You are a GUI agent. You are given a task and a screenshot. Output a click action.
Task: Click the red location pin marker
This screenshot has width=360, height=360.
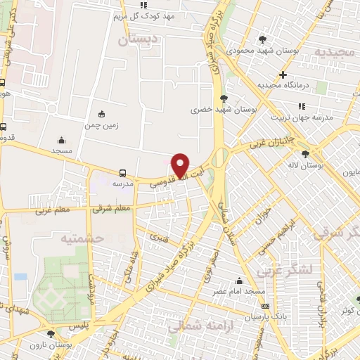[x=181, y=164]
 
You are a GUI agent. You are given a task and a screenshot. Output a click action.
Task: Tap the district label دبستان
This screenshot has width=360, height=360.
[x=134, y=40]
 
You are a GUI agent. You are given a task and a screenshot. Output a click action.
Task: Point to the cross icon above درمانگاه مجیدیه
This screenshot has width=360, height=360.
[x=283, y=75]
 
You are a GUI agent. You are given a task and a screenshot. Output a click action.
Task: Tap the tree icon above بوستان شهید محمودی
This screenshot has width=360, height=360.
[x=263, y=39]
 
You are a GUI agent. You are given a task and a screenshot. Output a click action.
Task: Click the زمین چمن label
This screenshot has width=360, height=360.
[x=98, y=125]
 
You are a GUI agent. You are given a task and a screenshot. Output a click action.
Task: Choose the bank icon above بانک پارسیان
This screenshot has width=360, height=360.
[x=265, y=307]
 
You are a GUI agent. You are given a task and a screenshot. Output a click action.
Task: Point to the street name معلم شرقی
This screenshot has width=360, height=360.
[x=112, y=208]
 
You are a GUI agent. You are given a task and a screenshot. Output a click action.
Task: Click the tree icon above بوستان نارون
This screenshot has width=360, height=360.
[x=50, y=334]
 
